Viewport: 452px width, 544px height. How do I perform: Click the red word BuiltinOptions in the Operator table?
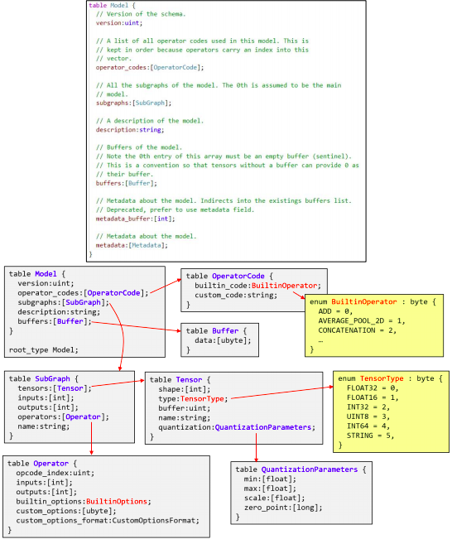tap(117, 501)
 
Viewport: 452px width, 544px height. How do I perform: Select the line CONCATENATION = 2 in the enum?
tap(358, 330)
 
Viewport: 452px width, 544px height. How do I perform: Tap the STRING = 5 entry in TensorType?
tap(371, 436)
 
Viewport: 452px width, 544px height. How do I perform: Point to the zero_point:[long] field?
tap(283, 508)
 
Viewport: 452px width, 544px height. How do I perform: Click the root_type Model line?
tap(44, 349)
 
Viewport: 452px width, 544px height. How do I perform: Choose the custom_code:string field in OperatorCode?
tap(236, 296)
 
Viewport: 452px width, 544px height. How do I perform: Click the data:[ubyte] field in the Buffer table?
tap(223, 340)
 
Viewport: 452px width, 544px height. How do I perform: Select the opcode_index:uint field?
tap(55, 473)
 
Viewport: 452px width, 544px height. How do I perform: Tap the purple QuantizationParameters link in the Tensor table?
tap(263, 427)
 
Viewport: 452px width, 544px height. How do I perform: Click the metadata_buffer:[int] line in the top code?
tap(135, 219)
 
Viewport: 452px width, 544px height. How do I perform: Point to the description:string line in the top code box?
tap(130, 130)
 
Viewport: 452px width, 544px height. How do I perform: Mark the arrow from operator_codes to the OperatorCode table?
tap(166, 286)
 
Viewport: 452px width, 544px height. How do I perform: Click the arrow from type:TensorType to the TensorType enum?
tap(281, 392)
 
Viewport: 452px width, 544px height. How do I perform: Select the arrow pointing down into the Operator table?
tap(92, 438)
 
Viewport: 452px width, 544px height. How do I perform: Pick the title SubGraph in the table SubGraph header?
tap(52, 378)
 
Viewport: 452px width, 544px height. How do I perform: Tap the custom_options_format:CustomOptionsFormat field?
tap(108, 521)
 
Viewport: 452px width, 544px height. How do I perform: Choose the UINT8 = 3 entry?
tap(368, 416)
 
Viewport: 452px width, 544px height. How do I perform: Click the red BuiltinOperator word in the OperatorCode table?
tap(285, 286)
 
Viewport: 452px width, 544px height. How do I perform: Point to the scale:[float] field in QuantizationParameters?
tap(274, 498)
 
